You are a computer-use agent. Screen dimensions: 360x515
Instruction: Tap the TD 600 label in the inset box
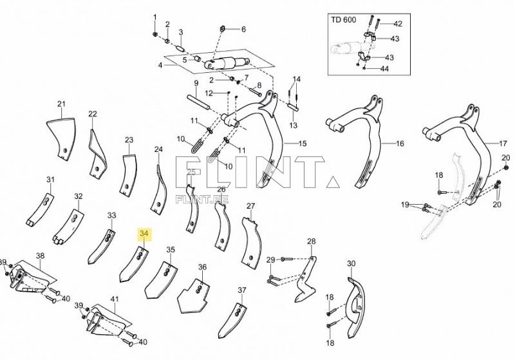click(x=344, y=20)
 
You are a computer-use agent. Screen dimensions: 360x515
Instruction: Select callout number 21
click(x=62, y=104)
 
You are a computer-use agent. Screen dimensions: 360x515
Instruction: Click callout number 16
click(x=400, y=143)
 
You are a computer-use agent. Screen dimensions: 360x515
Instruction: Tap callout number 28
click(x=312, y=242)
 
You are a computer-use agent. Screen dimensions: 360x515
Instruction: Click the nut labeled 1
click(x=154, y=33)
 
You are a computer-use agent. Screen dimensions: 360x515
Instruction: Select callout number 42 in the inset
click(x=397, y=24)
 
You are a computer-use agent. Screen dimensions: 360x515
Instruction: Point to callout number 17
click(x=503, y=143)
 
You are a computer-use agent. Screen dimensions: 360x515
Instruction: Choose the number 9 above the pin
click(x=196, y=84)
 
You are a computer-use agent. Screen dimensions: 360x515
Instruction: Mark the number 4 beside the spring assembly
click(x=160, y=65)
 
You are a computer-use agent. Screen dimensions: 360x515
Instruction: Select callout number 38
click(x=40, y=256)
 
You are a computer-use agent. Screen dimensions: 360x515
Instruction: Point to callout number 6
click(x=243, y=29)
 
